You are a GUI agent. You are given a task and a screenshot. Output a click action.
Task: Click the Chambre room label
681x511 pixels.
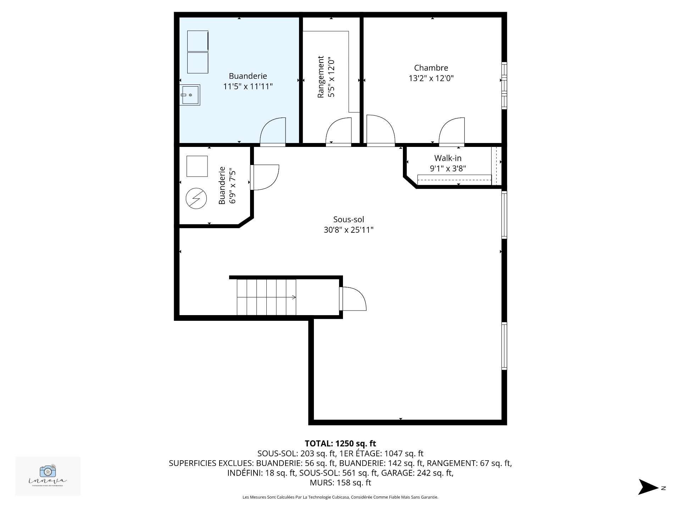click(x=431, y=68)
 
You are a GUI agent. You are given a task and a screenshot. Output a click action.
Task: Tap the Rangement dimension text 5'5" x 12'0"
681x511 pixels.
click(x=331, y=77)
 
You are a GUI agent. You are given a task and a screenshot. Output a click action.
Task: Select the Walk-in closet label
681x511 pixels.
click(x=448, y=158)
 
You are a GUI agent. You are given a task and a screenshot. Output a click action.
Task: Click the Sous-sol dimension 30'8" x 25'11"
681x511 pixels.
click(x=348, y=230)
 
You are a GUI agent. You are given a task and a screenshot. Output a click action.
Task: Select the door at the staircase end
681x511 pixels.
click(x=352, y=298)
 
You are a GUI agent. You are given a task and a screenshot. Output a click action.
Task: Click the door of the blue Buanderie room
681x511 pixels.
click(x=273, y=132)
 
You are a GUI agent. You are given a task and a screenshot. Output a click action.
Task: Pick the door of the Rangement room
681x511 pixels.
click(x=338, y=132)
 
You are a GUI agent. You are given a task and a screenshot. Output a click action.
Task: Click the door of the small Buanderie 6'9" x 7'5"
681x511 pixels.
click(x=264, y=177)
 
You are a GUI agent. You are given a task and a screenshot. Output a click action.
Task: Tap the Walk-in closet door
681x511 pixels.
click(x=452, y=132)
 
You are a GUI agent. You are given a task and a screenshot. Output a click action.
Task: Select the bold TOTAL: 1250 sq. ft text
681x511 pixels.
click(x=340, y=444)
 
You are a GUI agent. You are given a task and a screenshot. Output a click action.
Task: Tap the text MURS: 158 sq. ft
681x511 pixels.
click(x=340, y=483)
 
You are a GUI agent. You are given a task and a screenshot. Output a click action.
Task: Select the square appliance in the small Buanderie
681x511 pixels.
click(x=197, y=166)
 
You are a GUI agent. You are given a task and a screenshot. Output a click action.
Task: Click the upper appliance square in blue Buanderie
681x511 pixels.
click(x=198, y=41)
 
